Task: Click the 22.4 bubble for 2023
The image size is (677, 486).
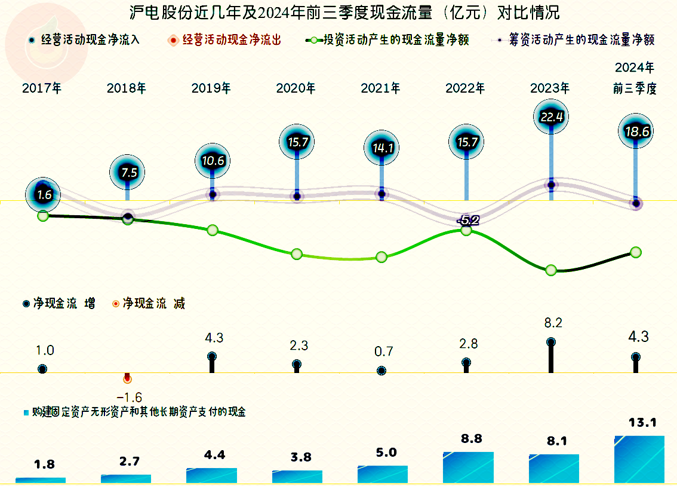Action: [x=551, y=117]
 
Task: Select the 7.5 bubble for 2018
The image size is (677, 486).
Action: [x=127, y=172]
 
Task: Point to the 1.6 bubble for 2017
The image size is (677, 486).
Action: [x=44, y=194]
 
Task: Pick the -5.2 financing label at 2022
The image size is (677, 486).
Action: [x=467, y=221]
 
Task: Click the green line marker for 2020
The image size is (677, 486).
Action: [x=297, y=254]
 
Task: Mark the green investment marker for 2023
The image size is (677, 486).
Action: [x=551, y=270]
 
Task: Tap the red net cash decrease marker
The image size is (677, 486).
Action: [x=127, y=379]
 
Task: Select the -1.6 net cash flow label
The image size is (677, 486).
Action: [x=129, y=398]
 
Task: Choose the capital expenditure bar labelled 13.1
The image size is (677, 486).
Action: [x=639, y=459]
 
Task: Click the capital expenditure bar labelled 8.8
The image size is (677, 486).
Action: [x=468, y=467]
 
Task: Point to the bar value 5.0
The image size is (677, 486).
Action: [x=386, y=453]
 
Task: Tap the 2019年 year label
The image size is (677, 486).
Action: [x=211, y=88]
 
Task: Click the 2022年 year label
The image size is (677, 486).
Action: [x=465, y=88]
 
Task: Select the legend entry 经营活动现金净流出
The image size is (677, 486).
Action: [x=232, y=40]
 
